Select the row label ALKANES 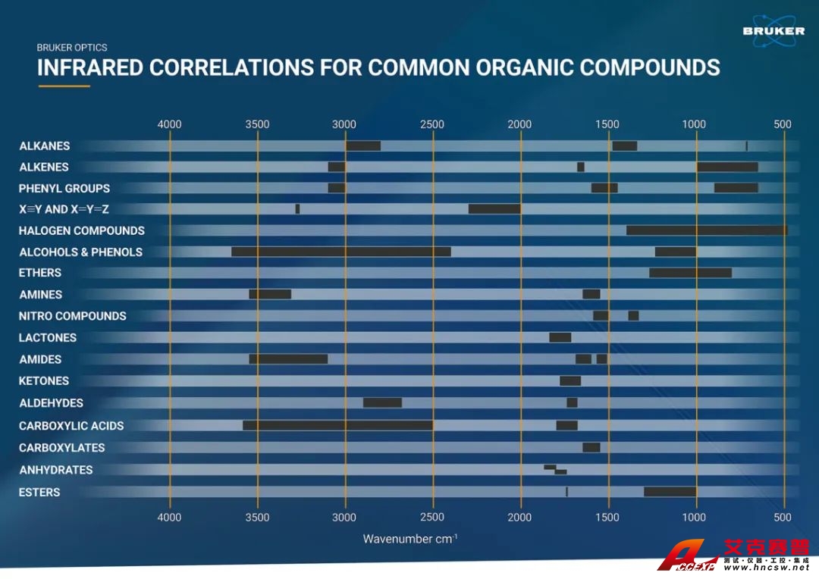click(45, 146)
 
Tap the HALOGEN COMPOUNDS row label click(82, 230)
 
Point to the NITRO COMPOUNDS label click(73, 316)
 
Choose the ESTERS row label click(39, 493)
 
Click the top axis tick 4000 click(169, 124)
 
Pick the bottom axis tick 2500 click(432, 518)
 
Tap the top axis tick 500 click(783, 124)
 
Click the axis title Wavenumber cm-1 click(409, 539)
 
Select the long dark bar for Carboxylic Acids click(337, 425)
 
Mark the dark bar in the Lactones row click(560, 337)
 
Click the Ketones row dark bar click(570, 380)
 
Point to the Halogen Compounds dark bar click(707, 230)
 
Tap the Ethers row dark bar click(690, 273)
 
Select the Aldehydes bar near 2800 click(382, 402)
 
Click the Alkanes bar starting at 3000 click(363, 146)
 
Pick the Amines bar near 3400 click(270, 294)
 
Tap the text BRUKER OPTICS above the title click(72, 48)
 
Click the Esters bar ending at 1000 click(670, 492)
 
